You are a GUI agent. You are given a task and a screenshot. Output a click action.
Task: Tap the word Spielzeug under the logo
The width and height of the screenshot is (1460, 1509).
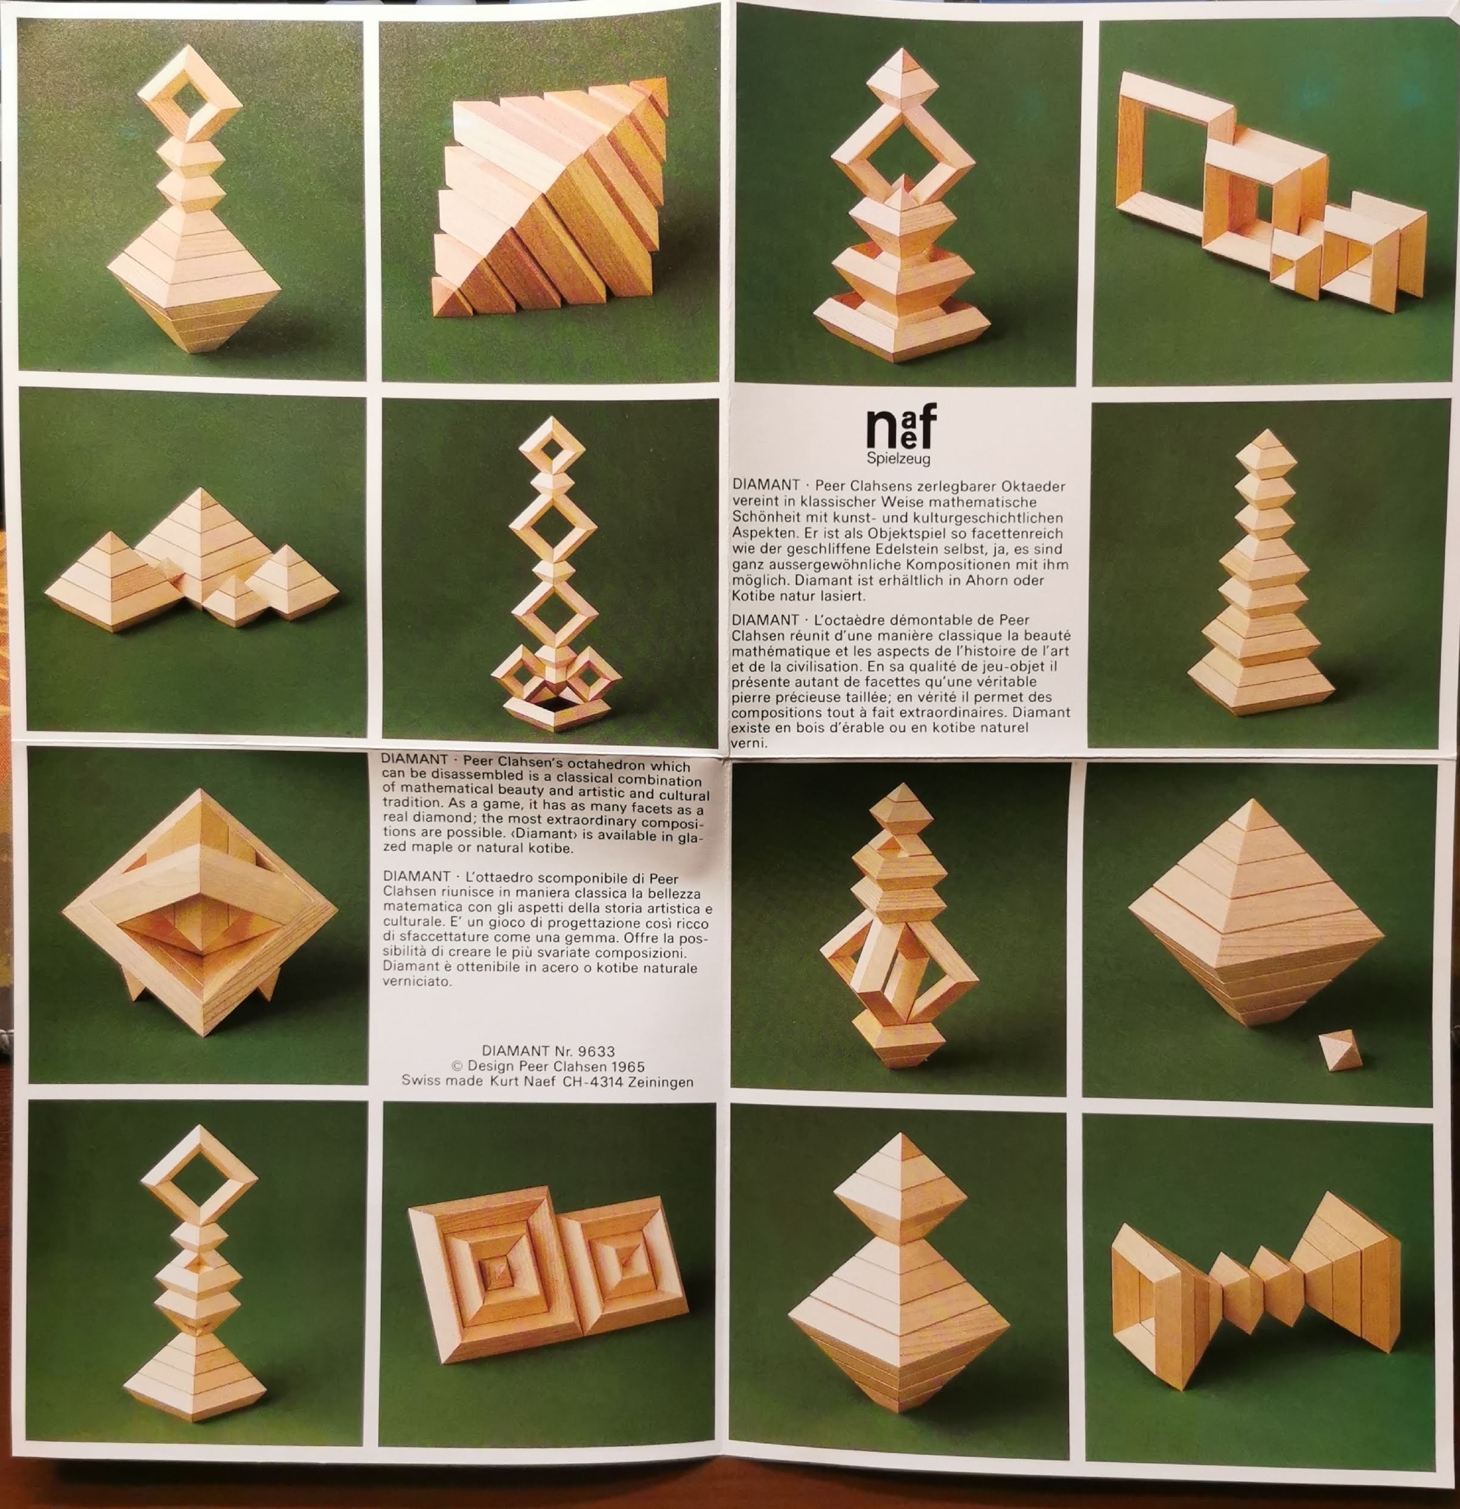pyautogui.click(x=898, y=459)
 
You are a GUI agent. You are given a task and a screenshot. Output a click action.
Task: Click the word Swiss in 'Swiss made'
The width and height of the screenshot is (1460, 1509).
pyautogui.click(x=421, y=1080)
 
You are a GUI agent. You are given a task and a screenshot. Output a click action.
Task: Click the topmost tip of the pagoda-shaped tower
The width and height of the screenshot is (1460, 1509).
pyautogui.click(x=1266, y=430)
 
